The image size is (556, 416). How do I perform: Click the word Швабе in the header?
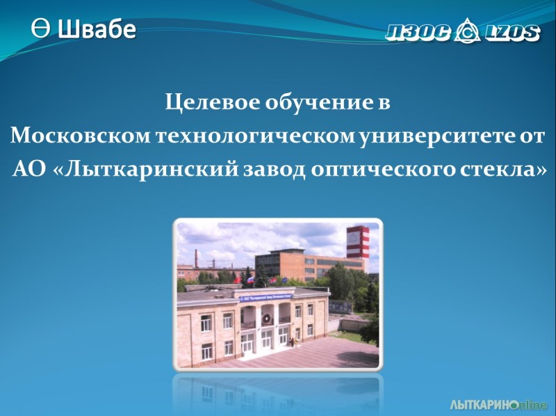[x=97, y=29]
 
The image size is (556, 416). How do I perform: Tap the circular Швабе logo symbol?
[x=40, y=28]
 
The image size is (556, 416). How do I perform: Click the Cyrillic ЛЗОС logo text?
[x=418, y=33]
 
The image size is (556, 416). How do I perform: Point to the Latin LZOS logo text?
[x=512, y=33]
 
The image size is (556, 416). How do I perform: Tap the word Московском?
[x=81, y=136]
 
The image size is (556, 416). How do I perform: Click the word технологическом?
[x=255, y=136]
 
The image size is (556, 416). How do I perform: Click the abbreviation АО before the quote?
[x=29, y=169]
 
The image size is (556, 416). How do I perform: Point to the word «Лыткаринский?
[x=145, y=170]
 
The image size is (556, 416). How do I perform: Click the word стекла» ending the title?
[x=503, y=169]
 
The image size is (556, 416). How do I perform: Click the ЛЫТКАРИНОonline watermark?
[x=498, y=405]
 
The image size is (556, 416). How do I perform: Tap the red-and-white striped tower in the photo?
[x=357, y=242]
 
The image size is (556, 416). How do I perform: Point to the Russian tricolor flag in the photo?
[x=250, y=280]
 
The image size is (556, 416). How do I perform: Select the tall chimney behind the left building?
[x=196, y=258]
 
